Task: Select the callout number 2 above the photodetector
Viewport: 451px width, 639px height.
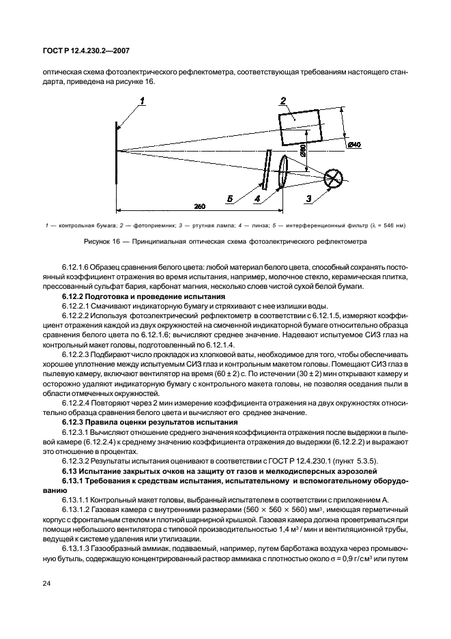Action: pyautogui.click(x=282, y=102)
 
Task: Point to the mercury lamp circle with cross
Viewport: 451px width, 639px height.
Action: pyautogui.click(x=334, y=177)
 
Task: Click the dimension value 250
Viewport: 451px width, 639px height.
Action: pyautogui.click(x=200, y=205)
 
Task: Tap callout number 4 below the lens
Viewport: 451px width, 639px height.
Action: pyautogui.click(x=257, y=199)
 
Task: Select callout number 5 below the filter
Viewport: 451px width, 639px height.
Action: pyautogui.click(x=230, y=199)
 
